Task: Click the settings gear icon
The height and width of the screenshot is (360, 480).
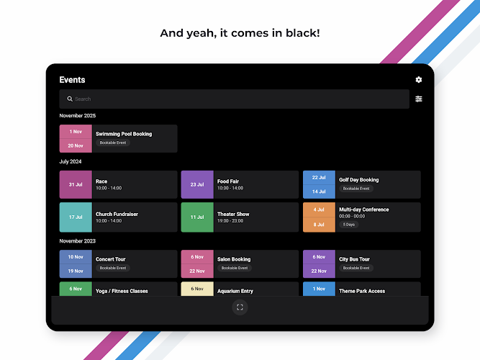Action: coord(418,80)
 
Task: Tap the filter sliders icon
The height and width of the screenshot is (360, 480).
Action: coord(418,99)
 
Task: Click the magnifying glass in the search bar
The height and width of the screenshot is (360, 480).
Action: coord(70,99)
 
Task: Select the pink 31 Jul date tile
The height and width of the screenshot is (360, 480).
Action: coord(76,184)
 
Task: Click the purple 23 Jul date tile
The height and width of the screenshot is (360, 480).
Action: coord(197,184)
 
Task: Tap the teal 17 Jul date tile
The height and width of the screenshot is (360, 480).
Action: coord(76,217)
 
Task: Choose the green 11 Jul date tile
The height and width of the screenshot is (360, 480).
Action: coord(197,217)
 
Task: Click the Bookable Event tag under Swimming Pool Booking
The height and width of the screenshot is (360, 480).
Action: coord(113,143)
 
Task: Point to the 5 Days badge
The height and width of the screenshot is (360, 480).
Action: coord(349,225)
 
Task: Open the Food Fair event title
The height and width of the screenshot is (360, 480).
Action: coord(228,181)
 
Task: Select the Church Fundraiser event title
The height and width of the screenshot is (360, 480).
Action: coord(117,214)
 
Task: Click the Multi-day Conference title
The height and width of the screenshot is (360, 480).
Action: coord(364,210)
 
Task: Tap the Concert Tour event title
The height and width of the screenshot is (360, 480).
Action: coord(111,259)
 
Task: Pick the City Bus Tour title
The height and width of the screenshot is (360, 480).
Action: coord(354,259)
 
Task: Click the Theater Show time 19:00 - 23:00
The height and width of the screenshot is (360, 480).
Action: coord(230,220)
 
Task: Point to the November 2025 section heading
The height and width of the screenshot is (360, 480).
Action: coord(78,115)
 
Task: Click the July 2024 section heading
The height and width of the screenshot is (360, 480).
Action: coord(71,161)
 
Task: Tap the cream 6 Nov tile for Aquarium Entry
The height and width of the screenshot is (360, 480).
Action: coord(197,289)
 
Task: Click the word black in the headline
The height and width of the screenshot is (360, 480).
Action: coord(302,33)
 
